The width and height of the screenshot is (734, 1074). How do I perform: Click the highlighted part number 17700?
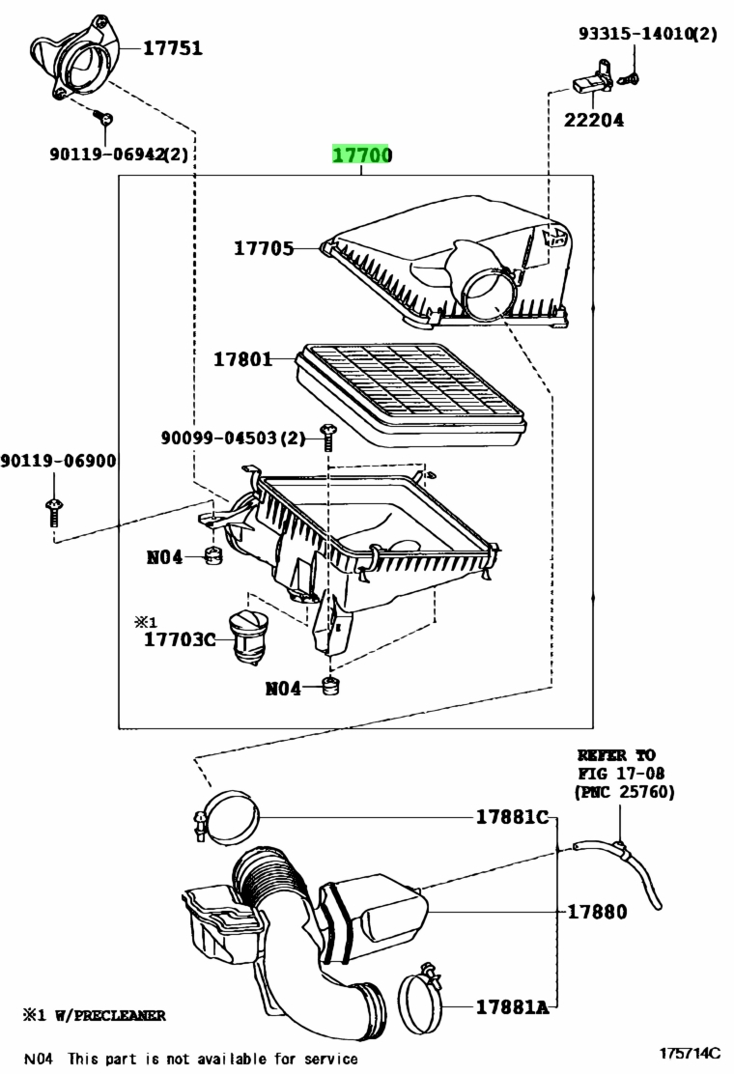[x=362, y=155]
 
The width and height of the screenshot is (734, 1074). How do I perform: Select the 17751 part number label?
[x=173, y=48]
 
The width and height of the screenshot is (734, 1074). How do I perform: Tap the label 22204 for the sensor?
[x=594, y=120]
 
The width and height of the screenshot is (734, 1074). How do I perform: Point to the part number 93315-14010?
[x=636, y=33]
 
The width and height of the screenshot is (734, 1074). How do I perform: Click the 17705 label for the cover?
[x=264, y=248]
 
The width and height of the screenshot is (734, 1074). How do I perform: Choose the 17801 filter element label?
[x=243, y=359]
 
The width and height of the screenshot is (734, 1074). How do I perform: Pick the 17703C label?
[x=180, y=639]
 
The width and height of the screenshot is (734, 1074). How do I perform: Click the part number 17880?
[x=597, y=912]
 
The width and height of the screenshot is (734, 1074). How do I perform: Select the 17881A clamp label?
[x=513, y=1006]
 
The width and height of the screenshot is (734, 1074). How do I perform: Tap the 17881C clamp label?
[x=513, y=817]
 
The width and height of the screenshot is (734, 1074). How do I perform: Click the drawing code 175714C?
[x=691, y=1053]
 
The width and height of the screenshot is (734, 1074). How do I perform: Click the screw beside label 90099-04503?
[x=327, y=437]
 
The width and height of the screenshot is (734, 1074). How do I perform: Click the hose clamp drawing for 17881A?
[x=420, y=998]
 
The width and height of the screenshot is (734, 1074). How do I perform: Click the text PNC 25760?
[x=625, y=792]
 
